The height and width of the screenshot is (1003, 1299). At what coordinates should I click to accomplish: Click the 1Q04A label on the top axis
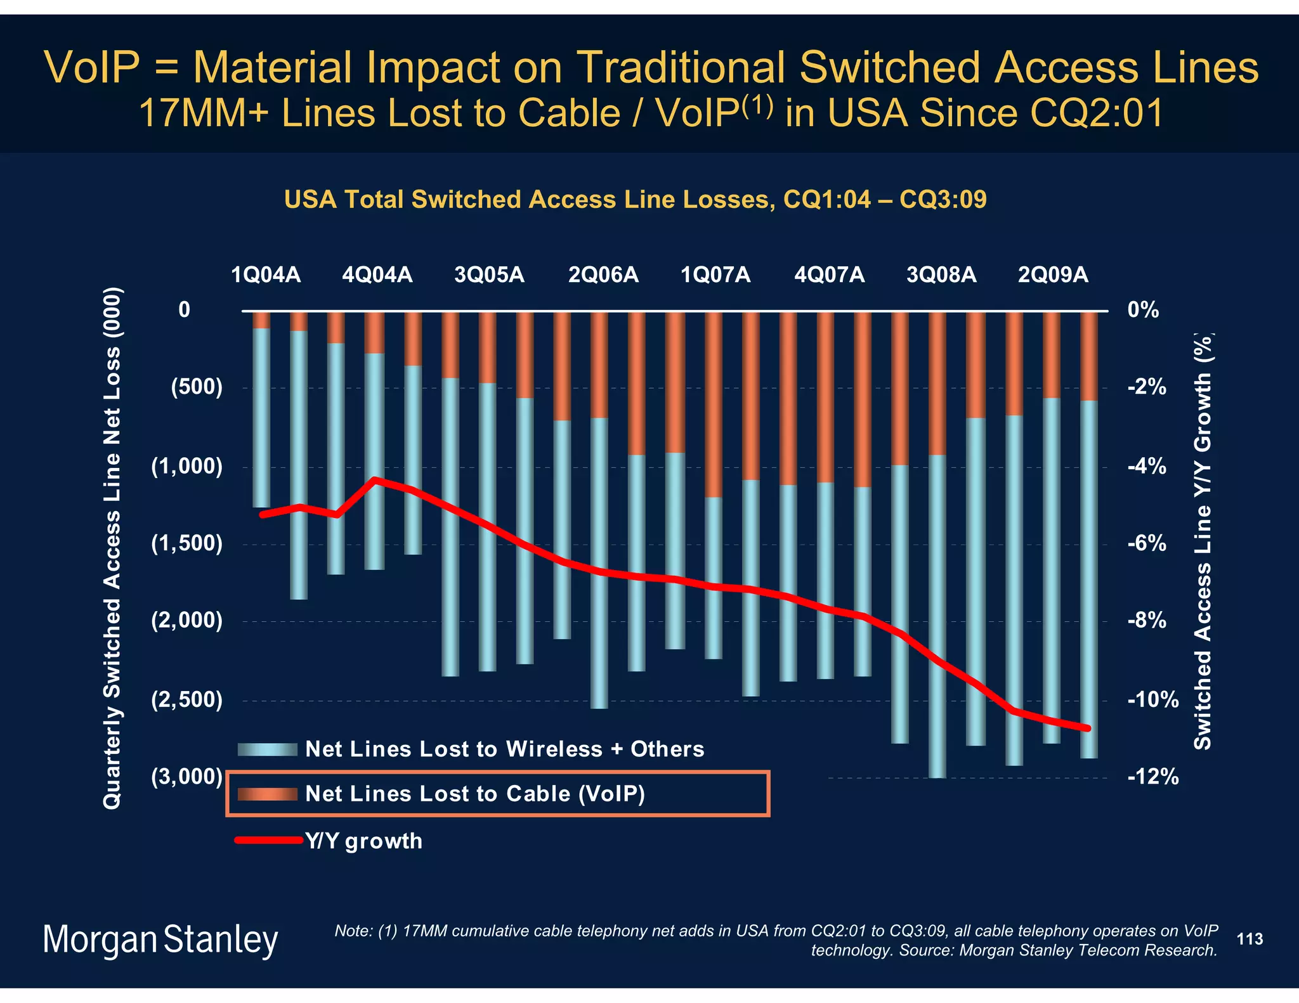click(x=265, y=275)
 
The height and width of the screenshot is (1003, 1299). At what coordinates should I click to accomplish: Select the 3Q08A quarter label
click(x=941, y=275)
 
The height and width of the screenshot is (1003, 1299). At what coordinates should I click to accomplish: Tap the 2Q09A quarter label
click(x=1053, y=275)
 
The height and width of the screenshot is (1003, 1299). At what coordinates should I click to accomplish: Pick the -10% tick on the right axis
click(x=1152, y=701)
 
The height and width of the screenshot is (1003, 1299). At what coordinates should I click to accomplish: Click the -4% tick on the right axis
click(x=1146, y=467)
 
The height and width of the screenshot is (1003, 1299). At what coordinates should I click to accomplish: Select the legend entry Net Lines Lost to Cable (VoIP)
click(x=474, y=794)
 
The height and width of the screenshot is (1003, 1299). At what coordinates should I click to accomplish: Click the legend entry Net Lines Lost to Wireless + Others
click(x=504, y=749)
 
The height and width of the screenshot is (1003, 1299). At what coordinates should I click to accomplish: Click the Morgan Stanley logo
click(x=160, y=940)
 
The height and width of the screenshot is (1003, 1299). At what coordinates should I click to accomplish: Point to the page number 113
click(x=1250, y=939)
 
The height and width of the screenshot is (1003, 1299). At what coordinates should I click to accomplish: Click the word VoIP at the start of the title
click(x=91, y=67)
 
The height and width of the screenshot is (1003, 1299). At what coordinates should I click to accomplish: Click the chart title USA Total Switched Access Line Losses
click(x=635, y=200)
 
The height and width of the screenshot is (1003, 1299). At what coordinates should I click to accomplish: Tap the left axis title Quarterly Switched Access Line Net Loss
click(x=112, y=548)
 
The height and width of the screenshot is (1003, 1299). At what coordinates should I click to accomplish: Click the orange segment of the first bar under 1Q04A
click(x=261, y=320)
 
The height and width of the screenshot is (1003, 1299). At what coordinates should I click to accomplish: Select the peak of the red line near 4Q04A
click(x=375, y=480)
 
